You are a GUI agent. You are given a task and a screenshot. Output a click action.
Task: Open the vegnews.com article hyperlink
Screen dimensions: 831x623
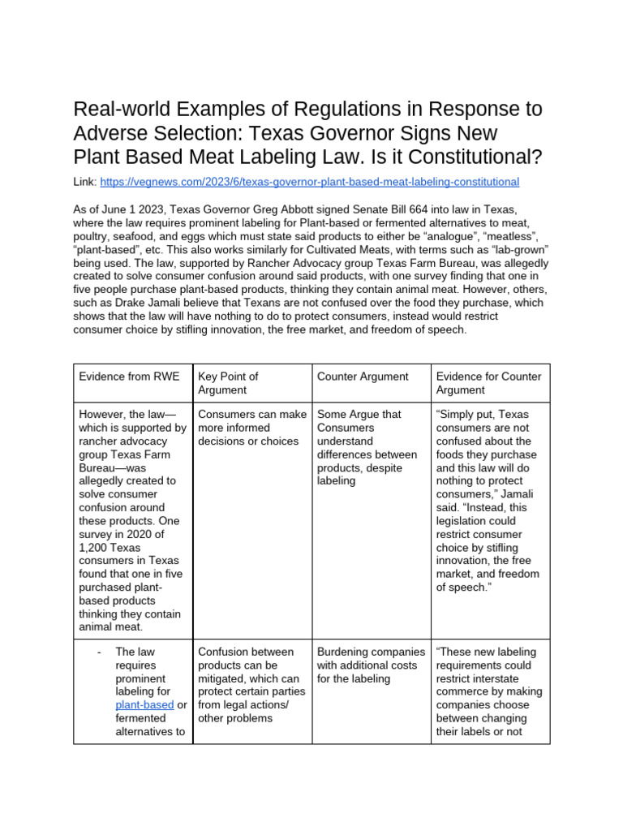pyautogui.click(x=309, y=182)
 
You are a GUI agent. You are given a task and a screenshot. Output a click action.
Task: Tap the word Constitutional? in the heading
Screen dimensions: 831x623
pyautogui.click(x=470, y=157)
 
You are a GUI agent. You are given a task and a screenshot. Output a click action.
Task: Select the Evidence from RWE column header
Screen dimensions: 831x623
pyautogui.click(x=119, y=377)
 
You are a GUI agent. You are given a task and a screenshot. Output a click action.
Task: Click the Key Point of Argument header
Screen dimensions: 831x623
pyautogui.click(x=228, y=383)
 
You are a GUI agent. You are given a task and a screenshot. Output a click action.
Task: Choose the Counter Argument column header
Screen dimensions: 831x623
pyautogui.click(x=363, y=377)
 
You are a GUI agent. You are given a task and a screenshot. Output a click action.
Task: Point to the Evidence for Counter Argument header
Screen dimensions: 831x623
pyautogui.click(x=488, y=383)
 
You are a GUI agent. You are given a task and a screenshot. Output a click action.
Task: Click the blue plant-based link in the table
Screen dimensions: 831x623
pyautogui.click(x=144, y=705)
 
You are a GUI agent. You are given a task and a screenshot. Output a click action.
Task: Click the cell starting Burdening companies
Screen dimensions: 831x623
pyautogui.click(x=371, y=665)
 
